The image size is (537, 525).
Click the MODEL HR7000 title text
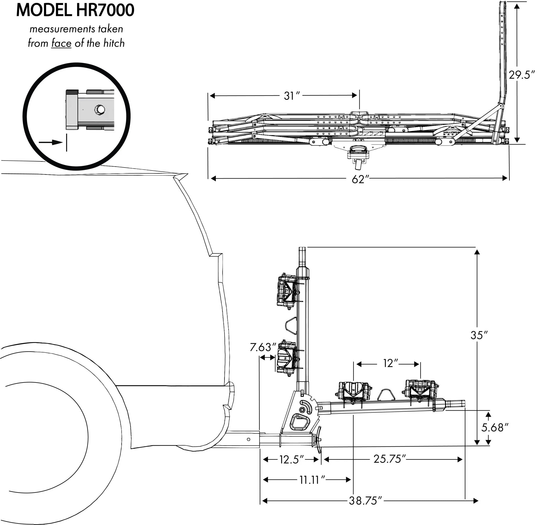pyautogui.click(x=75, y=10)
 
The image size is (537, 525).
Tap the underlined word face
pyautogui.click(x=61, y=43)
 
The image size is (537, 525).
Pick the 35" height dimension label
pyautogui.click(x=479, y=335)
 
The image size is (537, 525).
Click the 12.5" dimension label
pyautogui.click(x=292, y=460)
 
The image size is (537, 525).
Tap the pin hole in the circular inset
pyautogui.click(x=99, y=109)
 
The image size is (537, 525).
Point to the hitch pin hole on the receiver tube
pyautogui.click(x=248, y=439)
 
